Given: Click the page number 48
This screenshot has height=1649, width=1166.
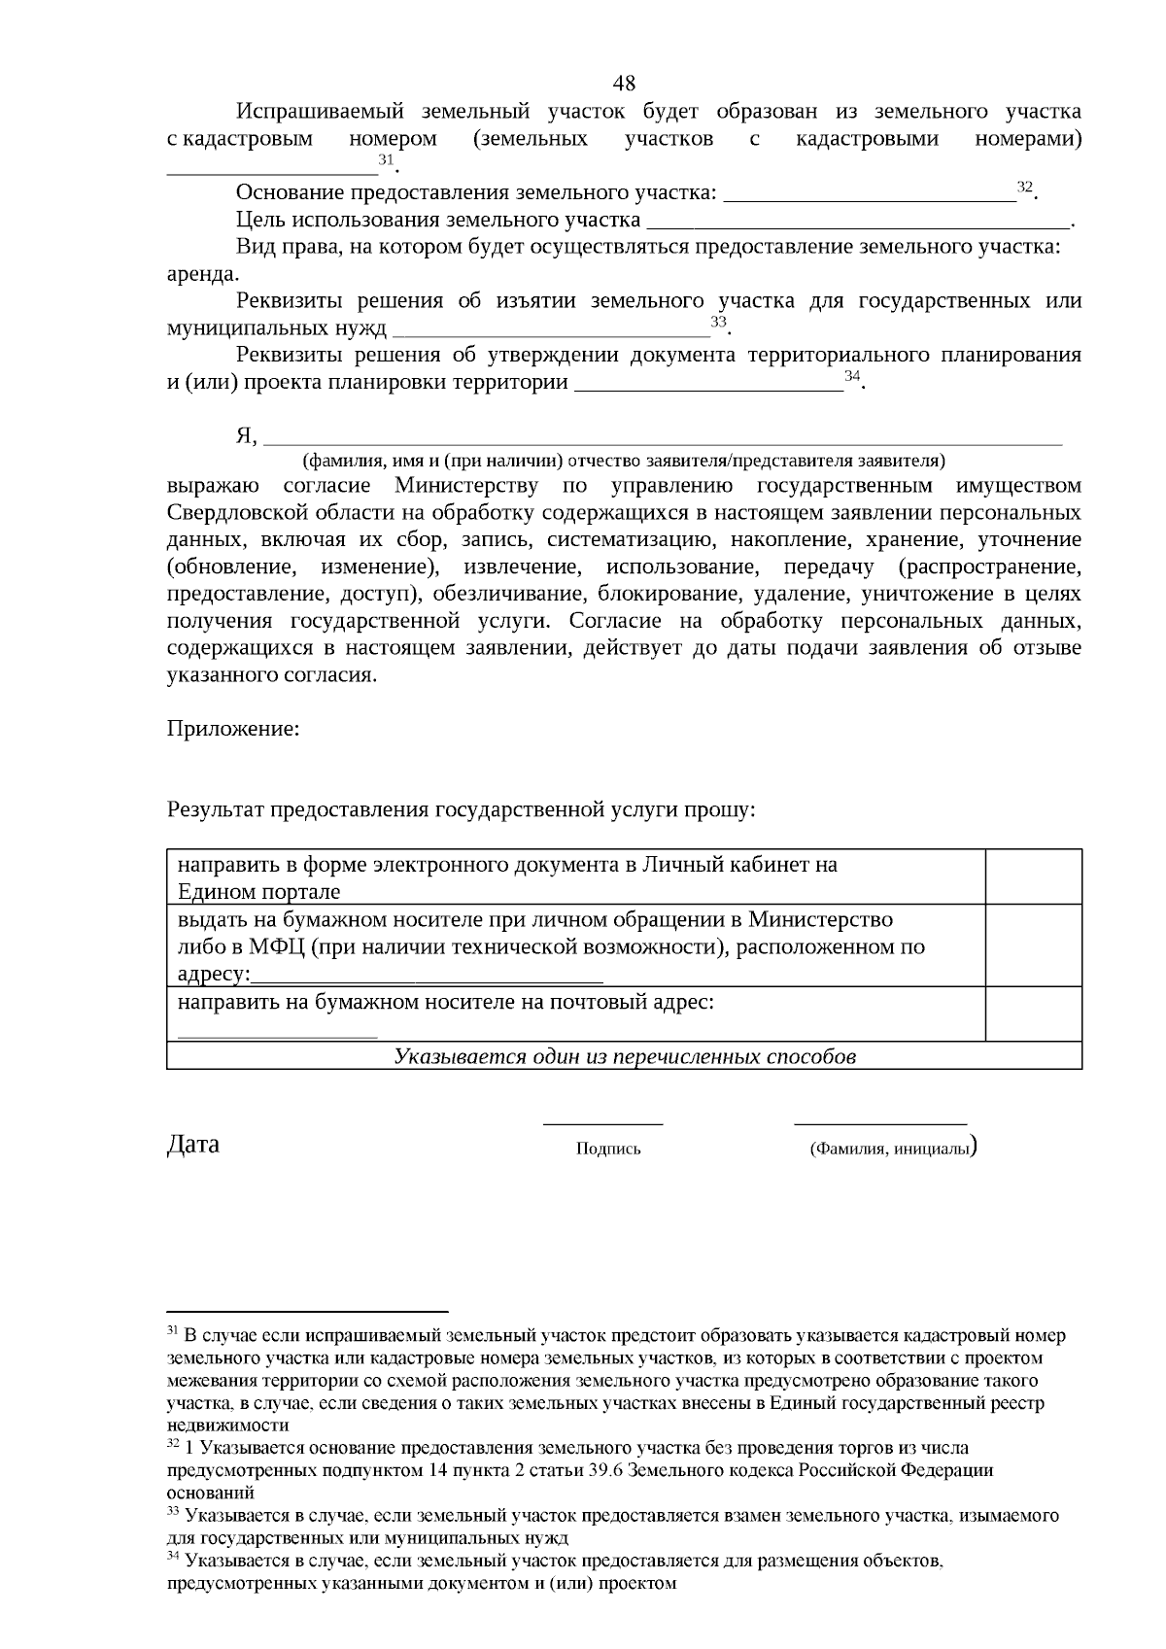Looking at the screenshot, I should [625, 83].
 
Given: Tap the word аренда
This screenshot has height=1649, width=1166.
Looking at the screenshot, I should [202, 273].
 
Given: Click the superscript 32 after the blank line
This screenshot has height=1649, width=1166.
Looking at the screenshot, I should [1024, 187].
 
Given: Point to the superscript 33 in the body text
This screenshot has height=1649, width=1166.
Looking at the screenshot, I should [719, 322].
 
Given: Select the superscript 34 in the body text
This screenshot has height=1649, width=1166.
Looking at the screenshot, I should [852, 375].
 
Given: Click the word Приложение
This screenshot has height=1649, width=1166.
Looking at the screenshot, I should [232, 728].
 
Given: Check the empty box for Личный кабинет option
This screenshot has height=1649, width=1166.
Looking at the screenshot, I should [1034, 876].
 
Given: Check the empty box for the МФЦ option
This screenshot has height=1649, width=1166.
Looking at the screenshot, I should [1034, 945].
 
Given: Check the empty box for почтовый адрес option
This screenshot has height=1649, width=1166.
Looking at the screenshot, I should [1034, 1013].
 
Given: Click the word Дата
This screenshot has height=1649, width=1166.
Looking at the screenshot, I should [193, 1144].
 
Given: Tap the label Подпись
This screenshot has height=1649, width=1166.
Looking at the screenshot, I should [608, 1150].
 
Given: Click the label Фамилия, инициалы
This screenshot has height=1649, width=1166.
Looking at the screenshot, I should [889, 1150].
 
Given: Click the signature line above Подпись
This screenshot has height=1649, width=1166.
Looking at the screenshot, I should [602, 1124].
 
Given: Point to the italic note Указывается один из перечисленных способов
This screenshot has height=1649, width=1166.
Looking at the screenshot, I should [625, 1057].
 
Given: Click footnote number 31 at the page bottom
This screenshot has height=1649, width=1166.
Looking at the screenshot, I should [172, 1329].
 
